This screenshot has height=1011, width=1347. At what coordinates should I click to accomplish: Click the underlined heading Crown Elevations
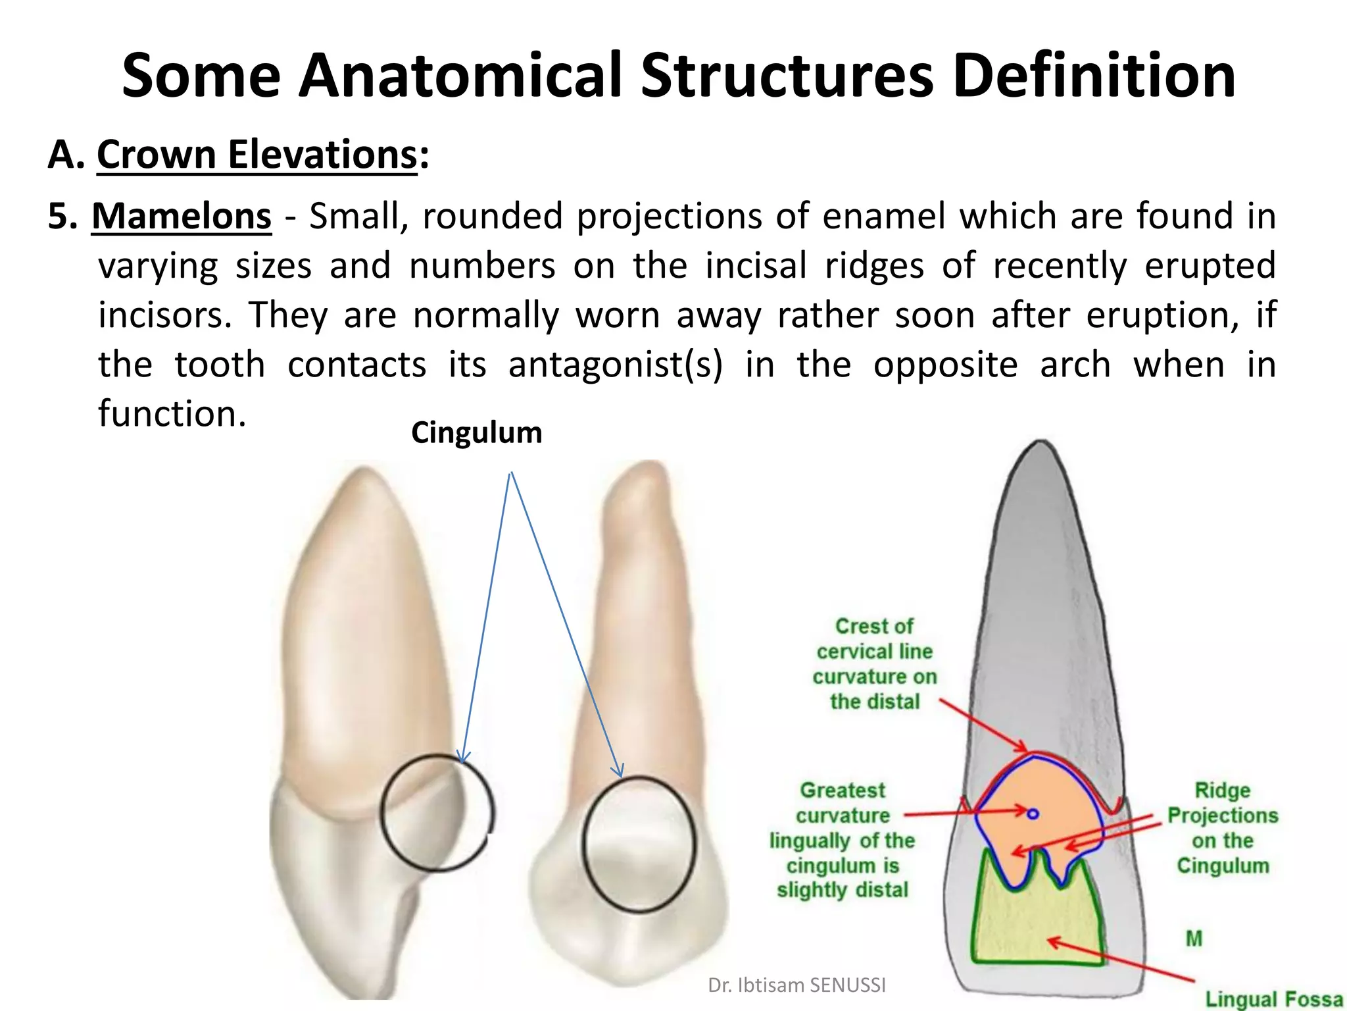coord(257,155)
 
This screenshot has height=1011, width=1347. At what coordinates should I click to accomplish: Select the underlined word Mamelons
coord(182,217)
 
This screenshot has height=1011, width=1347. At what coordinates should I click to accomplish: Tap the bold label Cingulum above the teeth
coord(476,433)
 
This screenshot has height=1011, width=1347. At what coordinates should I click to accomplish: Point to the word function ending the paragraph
coord(172,414)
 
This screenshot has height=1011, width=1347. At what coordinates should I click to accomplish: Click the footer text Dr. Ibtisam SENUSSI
coord(796,985)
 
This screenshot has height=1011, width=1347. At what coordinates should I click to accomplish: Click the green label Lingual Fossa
coord(1273,999)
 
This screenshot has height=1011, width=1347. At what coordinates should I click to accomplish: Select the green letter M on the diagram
coord(1194,939)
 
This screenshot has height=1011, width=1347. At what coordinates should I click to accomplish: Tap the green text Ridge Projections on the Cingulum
coord(1222,828)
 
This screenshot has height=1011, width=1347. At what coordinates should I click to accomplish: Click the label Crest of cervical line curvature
coord(874,663)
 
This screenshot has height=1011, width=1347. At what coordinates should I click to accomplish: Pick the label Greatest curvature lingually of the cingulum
coord(842,840)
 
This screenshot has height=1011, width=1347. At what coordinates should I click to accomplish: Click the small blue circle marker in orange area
coord(1033,814)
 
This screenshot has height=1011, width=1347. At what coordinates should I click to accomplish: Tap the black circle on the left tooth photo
coord(437,814)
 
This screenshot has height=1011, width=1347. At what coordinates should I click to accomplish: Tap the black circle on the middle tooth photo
coord(639,844)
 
